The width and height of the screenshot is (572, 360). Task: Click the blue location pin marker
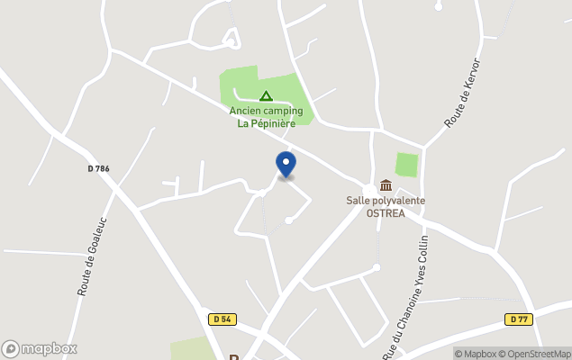coord(286,165)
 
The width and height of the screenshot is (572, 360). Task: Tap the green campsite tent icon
coord(266,95)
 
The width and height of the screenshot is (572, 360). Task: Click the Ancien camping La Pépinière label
coord(265,117)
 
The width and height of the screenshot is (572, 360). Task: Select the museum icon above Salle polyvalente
coord(386,184)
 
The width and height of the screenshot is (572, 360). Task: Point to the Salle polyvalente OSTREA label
coord(386,207)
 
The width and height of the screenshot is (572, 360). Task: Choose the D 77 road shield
coord(518,319)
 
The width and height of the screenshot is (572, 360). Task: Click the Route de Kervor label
coord(463,93)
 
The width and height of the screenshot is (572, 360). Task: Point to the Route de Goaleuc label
coord(93,256)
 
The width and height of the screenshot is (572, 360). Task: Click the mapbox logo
coord(40,348)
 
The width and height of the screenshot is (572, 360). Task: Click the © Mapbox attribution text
coord(476,354)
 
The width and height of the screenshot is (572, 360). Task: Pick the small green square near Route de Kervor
coord(407,166)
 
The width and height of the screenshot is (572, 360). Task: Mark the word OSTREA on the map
coord(386,213)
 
